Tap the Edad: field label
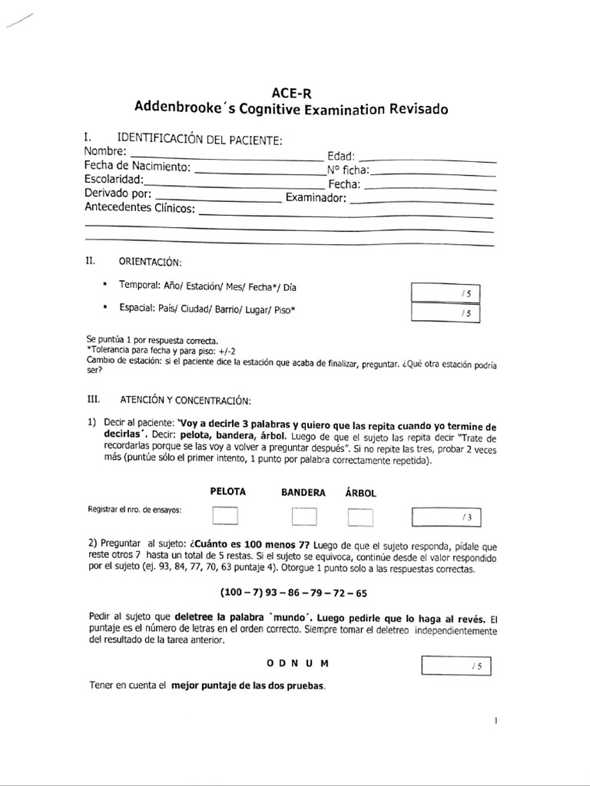pos(340,157)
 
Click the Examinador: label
pos(317,198)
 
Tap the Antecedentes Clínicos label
pos(140,208)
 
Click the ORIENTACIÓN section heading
pos(151,262)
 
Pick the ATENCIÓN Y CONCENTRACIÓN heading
pos(184,400)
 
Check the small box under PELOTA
pos(225,517)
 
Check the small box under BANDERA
pos(303,517)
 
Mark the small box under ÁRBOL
pos(360,517)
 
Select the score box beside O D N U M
pos(456,665)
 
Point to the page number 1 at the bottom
pos(497,721)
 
